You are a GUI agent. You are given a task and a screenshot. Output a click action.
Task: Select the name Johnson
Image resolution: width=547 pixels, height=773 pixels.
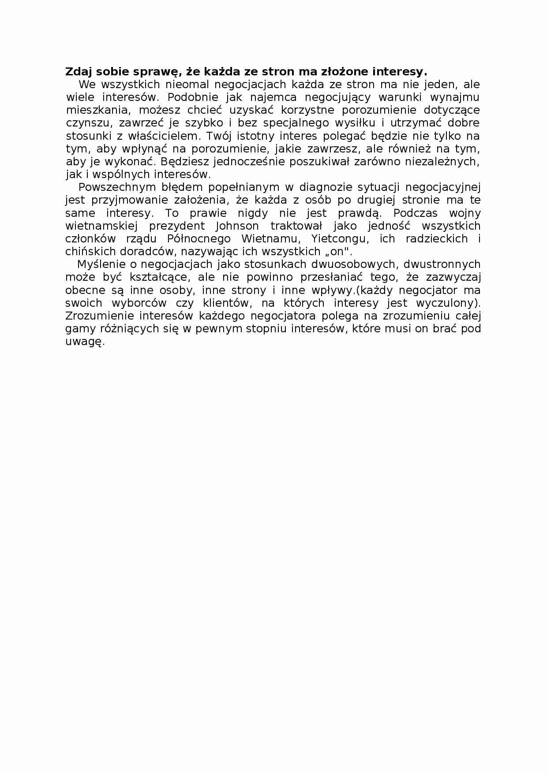(237, 226)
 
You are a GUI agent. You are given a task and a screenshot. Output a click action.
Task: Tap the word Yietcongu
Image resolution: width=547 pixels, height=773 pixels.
(339, 239)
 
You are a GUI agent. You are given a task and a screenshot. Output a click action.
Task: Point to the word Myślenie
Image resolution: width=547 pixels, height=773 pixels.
(99, 264)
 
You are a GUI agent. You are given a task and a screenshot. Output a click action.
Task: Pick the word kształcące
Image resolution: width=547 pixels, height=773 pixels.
(157, 278)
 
